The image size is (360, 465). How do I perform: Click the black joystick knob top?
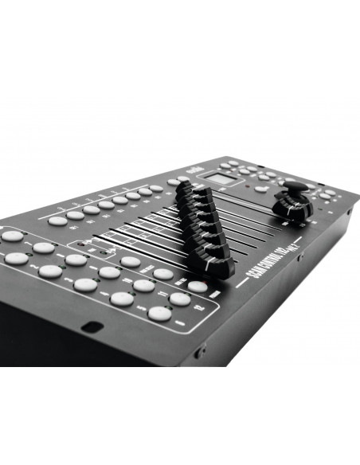click(294, 190)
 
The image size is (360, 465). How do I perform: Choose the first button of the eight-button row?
click(57, 220)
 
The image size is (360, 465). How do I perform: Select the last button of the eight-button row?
click(155, 190)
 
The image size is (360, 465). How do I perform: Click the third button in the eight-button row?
click(91, 209)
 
